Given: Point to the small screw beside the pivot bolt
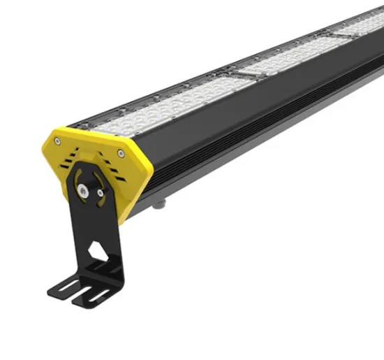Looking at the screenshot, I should click(101, 193).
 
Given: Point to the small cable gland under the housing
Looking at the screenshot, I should click(161, 203).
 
